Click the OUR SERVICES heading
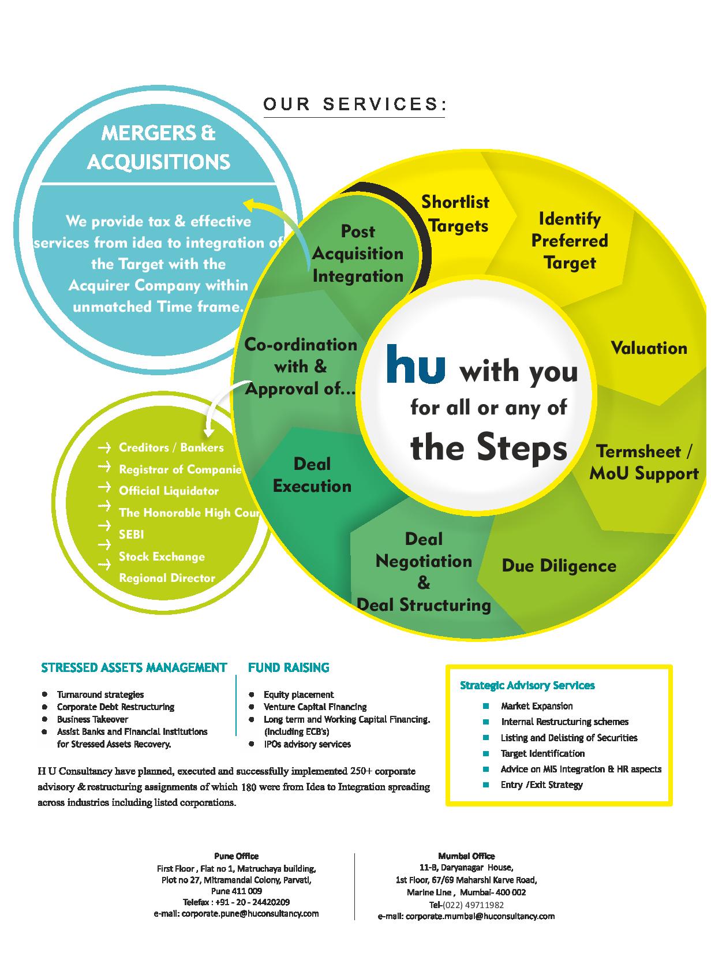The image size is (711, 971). click(x=354, y=104)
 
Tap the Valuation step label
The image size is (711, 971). click(x=649, y=348)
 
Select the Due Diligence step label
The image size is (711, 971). click(x=559, y=566)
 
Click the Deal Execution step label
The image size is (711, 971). click(x=312, y=475)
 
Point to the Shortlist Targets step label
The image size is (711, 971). click(x=455, y=214)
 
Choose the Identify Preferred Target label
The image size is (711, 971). click(x=570, y=241)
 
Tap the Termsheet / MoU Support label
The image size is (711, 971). click(x=644, y=462)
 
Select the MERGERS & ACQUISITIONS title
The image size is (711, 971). click(x=159, y=147)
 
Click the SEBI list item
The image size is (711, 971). click(x=131, y=535)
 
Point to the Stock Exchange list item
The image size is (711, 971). click(x=162, y=556)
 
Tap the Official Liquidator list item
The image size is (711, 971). click(x=169, y=491)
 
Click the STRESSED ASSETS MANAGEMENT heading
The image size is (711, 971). click(x=134, y=667)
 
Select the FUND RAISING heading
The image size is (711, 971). click(x=289, y=667)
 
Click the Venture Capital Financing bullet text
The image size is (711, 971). click(x=315, y=707)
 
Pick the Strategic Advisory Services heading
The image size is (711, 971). click(x=527, y=685)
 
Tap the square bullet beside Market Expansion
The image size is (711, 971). click(x=486, y=706)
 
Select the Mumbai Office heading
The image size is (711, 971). click(x=466, y=856)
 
